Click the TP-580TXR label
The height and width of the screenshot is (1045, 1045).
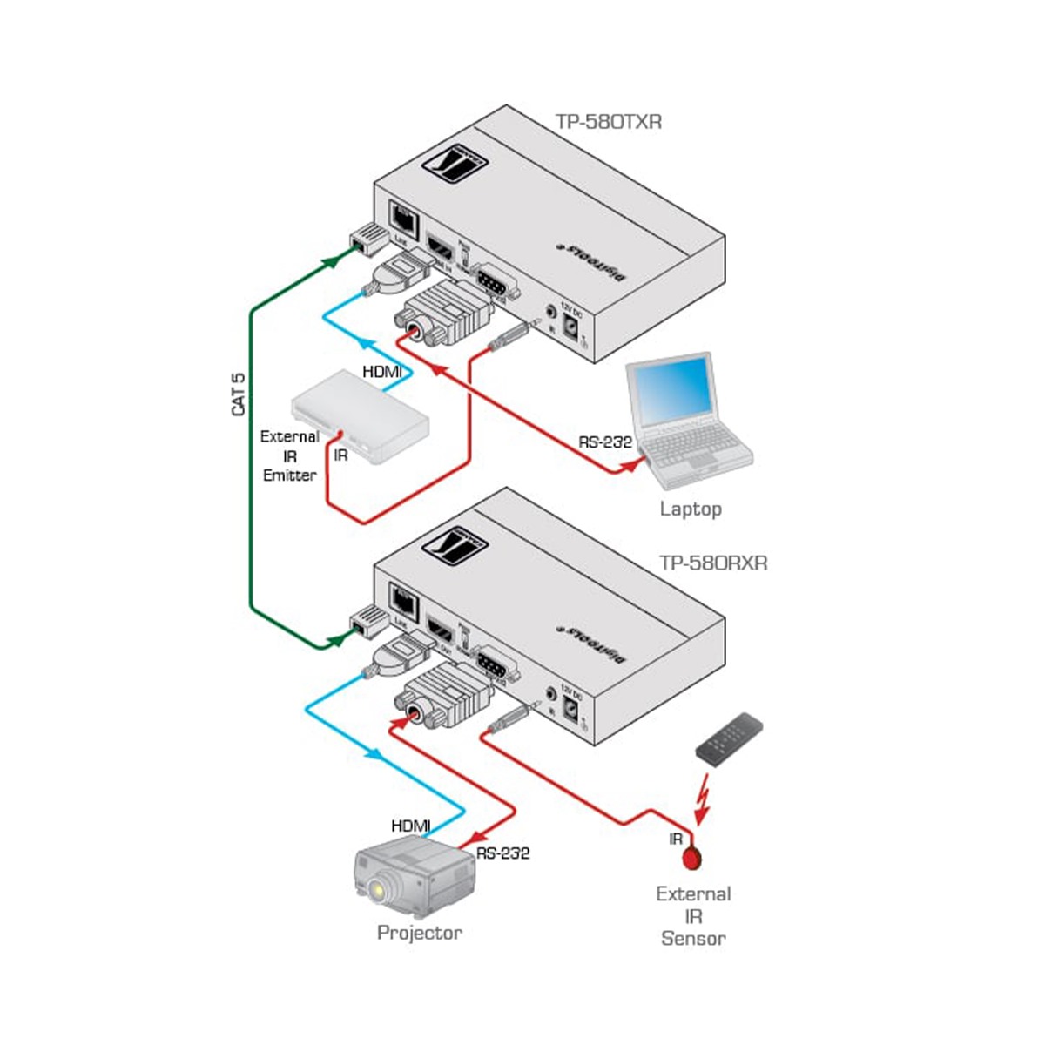(609, 122)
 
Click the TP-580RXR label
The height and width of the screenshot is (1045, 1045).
(713, 563)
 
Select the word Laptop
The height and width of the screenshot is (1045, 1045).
(691, 509)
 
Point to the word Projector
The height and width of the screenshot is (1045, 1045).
(419, 933)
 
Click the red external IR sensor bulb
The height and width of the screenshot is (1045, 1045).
(693, 859)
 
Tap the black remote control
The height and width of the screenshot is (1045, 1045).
(729, 739)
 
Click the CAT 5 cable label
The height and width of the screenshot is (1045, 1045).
(239, 394)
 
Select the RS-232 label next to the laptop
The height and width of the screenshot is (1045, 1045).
(605, 442)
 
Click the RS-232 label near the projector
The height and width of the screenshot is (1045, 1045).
(502, 853)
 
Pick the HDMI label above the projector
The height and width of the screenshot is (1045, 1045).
(411, 826)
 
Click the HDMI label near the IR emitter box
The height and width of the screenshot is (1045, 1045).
(382, 373)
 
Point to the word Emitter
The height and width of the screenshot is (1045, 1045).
(290, 475)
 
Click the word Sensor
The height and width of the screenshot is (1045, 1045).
(693, 938)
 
